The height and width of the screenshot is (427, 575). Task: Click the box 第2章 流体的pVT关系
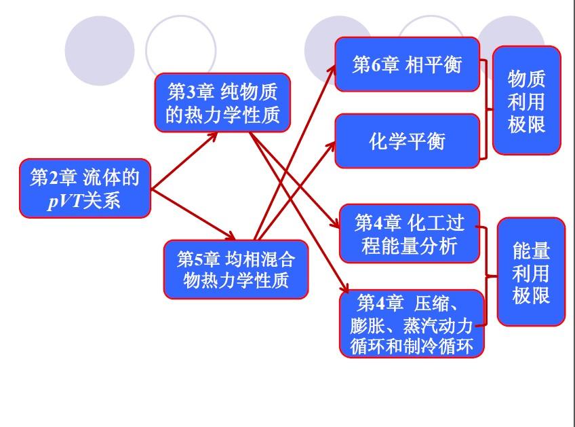[85, 188]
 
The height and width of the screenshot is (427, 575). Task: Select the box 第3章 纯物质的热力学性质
[222, 103]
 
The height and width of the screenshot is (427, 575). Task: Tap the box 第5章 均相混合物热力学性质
[236, 270]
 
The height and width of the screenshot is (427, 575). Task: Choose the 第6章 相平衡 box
[408, 64]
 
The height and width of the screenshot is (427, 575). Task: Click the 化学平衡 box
[408, 141]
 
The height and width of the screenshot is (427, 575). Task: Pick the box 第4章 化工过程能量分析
[410, 234]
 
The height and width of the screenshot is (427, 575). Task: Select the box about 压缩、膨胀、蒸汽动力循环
[412, 323]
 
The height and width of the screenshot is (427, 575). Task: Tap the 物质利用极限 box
[527, 100]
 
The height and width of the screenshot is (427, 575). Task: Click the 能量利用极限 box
[531, 272]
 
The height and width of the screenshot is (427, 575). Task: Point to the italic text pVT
[65, 201]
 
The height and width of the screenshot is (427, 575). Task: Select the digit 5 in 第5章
[199, 260]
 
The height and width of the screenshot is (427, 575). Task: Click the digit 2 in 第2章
[54, 178]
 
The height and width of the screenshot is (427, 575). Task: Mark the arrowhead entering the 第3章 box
[212, 136]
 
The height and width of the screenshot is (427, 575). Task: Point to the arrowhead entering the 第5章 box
[230, 236]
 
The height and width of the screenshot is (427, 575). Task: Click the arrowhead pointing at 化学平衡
[332, 146]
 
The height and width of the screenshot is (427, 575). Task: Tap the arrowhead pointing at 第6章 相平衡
[332, 70]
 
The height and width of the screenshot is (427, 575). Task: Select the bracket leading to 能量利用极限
[487, 276]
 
